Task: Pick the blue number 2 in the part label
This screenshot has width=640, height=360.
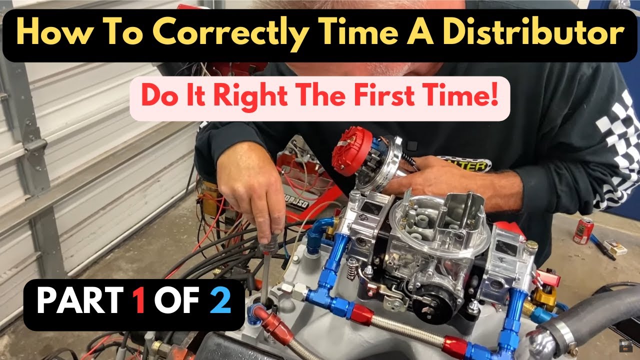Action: (220, 301)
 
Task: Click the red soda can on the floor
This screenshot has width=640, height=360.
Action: (583, 230)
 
